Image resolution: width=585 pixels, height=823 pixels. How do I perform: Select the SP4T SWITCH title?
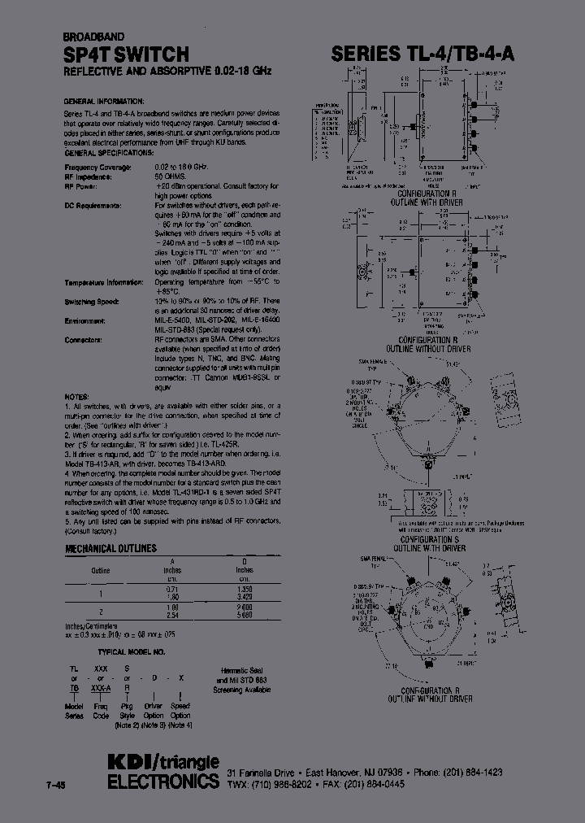click(126, 54)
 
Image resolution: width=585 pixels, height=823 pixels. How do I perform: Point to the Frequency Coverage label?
click(97, 167)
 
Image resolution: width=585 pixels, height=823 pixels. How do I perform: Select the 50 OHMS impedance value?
click(171, 176)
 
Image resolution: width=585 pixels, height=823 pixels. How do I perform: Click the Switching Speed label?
click(91, 301)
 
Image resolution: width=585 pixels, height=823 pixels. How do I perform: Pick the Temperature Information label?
click(102, 282)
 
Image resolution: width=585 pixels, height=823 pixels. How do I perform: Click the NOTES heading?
click(76, 396)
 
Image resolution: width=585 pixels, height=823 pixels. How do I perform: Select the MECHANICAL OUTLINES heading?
click(110, 549)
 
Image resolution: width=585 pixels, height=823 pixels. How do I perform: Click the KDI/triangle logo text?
click(162, 761)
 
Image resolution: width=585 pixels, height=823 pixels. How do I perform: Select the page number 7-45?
click(58, 785)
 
